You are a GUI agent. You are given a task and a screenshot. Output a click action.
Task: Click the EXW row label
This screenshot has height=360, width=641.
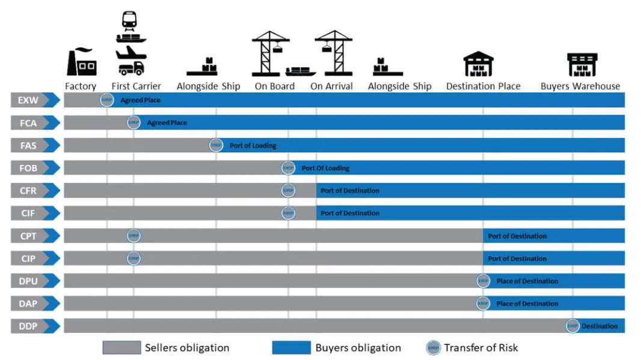(28, 100)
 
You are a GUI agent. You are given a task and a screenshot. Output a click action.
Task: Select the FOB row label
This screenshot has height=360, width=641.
(28, 168)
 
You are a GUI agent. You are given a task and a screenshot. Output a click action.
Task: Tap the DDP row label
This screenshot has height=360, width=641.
(28, 326)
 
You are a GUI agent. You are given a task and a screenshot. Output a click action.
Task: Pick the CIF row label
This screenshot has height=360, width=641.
(28, 213)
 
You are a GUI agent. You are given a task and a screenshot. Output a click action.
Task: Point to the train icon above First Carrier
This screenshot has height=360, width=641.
(129, 20)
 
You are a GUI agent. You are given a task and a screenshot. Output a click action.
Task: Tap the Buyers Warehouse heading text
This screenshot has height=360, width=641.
(580, 87)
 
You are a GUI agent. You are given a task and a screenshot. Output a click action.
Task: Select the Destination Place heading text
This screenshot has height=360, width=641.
(483, 87)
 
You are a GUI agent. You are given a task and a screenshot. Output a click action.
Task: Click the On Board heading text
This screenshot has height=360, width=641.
(274, 87)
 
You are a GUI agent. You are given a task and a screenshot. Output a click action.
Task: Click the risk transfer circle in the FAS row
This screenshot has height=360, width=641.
(216, 145)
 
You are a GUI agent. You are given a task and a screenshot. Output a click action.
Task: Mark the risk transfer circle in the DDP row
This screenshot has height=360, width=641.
(572, 326)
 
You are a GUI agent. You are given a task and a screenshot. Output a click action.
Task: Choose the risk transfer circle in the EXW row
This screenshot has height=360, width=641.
(107, 100)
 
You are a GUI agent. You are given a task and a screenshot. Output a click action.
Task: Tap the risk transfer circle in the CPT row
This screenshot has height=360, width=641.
(133, 236)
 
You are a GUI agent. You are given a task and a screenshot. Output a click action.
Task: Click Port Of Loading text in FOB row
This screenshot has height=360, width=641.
(325, 168)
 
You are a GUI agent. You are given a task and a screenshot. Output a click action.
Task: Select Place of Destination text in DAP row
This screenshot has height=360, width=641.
(527, 304)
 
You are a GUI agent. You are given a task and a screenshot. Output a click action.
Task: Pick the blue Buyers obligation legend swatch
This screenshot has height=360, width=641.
(291, 347)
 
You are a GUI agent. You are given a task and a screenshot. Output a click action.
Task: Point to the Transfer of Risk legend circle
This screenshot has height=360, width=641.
(433, 347)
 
